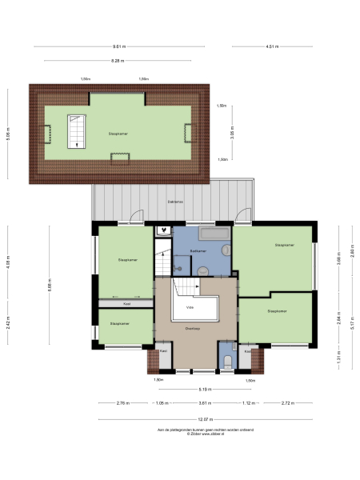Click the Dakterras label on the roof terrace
click(175, 201)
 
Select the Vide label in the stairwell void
click(190, 307)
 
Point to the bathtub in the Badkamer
click(213, 234)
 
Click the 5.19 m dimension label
click(205, 389)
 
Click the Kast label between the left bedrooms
click(126, 304)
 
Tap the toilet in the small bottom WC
click(228, 362)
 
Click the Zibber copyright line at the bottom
click(206, 434)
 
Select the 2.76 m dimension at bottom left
click(122, 403)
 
